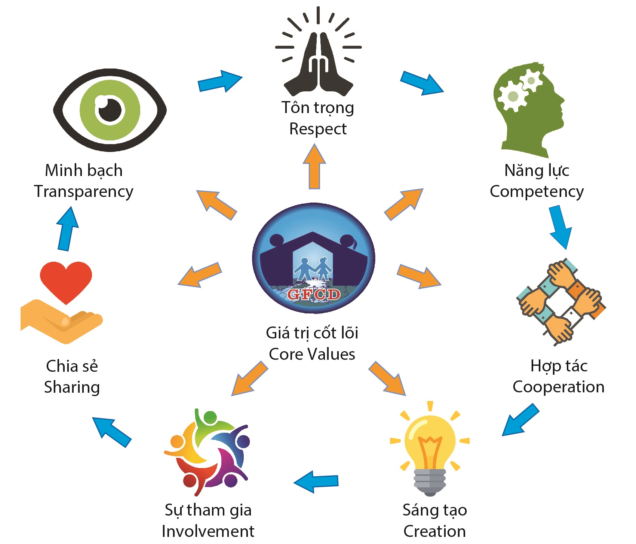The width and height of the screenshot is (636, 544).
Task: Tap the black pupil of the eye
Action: pyautogui.click(x=110, y=110)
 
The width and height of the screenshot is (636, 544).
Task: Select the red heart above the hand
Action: pyautogui.click(x=66, y=281)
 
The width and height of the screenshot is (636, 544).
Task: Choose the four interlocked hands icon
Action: pyautogui.click(x=561, y=301)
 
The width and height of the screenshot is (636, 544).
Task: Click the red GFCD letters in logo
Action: pyautogui.click(x=314, y=294)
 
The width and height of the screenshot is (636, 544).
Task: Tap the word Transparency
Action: pyautogui.click(x=84, y=191)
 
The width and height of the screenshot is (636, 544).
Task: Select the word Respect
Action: pyautogui.click(x=318, y=129)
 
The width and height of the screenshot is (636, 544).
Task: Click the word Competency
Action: pyautogui.click(x=537, y=191)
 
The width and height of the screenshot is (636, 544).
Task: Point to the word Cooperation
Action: pyautogui.click(x=559, y=387)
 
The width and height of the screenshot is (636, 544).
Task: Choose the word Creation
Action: pyautogui.click(x=434, y=531)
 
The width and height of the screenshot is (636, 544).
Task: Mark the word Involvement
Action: pyautogui.click(x=208, y=531)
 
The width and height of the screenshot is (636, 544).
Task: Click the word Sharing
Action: pyautogui.click(x=72, y=387)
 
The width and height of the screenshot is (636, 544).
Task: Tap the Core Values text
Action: pyautogui.click(x=312, y=354)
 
